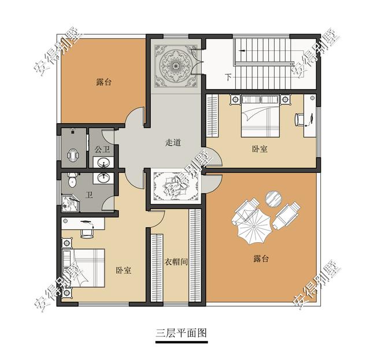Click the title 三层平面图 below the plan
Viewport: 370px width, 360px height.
pyautogui.click(x=181, y=333)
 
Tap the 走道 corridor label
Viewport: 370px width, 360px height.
pyautogui.click(x=173, y=143)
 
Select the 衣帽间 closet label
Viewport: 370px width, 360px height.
pyautogui.click(x=176, y=262)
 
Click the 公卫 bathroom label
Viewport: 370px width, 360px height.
pyautogui.click(x=102, y=149)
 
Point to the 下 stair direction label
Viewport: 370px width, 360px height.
pyautogui.click(x=228, y=77)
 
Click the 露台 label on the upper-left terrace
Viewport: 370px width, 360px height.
pyautogui.click(x=103, y=82)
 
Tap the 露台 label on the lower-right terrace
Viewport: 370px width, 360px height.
pyautogui.click(x=261, y=259)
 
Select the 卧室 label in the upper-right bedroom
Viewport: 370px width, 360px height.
pyautogui.click(x=260, y=149)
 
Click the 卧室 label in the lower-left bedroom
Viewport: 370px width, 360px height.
pyautogui.click(x=123, y=270)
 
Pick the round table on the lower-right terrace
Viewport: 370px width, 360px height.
pyautogui.click(x=273, y=199)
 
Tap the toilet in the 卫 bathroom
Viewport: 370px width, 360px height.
pyautogui.click(x=72, y=180)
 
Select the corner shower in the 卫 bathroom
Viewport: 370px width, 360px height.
pyautogui.click(x=70, y=203)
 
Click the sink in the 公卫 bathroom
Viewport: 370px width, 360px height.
pyautogui.click(x=103, y=162)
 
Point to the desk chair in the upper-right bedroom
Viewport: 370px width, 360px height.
pyautogui.click(x=299, y=119)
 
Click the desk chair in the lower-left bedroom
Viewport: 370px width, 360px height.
pyautogui.click(x=87, y=233)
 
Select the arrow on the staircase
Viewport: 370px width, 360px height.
pyautogui.click(x=242, y=50)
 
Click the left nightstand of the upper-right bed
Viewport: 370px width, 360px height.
pyautogui.click(x=235, y=99)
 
